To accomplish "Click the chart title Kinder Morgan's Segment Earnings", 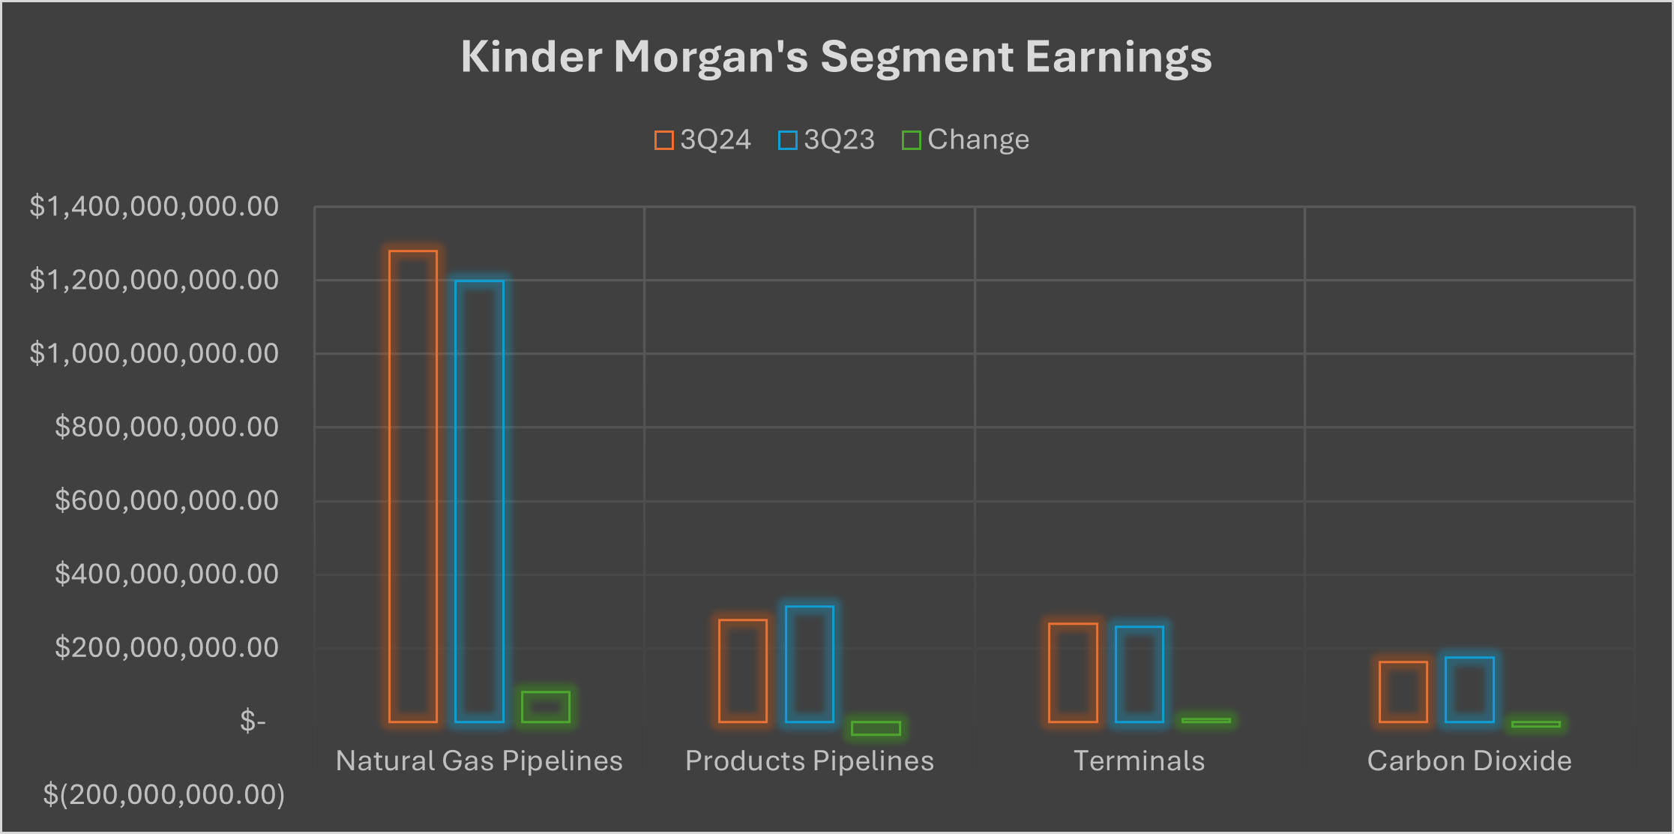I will pos(836,57).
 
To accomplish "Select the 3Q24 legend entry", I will pos(702,140).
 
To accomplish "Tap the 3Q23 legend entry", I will pos(826,140).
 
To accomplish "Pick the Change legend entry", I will pos(966,140).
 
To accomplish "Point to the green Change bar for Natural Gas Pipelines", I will pos(546,706).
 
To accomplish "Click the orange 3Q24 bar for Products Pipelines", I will pos(743,670).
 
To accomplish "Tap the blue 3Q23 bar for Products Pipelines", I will pos(810,664).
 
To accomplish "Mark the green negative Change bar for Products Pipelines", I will pos(876,728).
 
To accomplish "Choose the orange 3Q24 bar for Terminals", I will pos(1073,673).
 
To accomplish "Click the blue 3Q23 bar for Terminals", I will pos(1139,674).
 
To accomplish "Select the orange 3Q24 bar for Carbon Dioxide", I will pos(1403,691).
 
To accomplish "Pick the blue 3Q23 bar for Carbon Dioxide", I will pos(1469,689).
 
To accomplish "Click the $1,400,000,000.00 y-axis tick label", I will pos(154,206).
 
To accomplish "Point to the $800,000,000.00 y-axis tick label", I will pos(166,427).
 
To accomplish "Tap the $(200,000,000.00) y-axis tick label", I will pos(163,794).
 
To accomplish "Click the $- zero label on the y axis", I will pos(253,721).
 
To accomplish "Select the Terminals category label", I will pos(1139,760).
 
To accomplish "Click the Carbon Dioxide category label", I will pos(1469,760).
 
